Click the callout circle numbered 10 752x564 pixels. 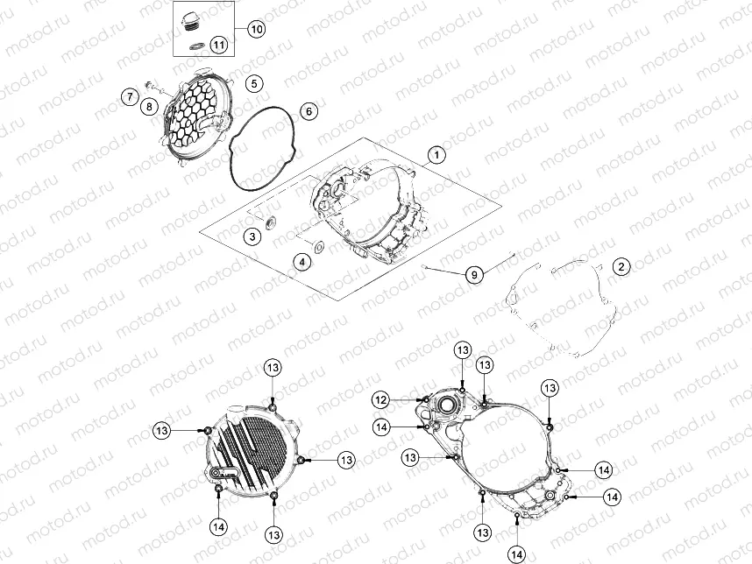click(x=257, y=29)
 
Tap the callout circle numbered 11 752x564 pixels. click(x=219, y=45)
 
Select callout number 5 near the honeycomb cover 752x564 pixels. click(x=254, y=84)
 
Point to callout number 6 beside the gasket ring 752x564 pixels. click(x=309, y=111)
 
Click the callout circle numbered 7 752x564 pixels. click(x=130, y=97)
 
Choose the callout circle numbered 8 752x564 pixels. click(x=149, y=106)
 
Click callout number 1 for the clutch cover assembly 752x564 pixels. click(x=436, y=155)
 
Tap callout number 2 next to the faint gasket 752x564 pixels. click(x=621, y=266)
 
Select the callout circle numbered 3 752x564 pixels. click(x=252, y=236)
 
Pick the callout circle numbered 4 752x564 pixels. click(x=302, y=262)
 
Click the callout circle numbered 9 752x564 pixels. click(x=474, y=275)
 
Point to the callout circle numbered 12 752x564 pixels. click(x=382, y=400)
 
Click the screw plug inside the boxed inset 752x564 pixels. click(x=191, y=22)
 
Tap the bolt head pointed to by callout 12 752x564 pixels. click(x=424, y=399)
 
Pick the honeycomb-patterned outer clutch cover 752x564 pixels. click(x=195, y=118)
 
